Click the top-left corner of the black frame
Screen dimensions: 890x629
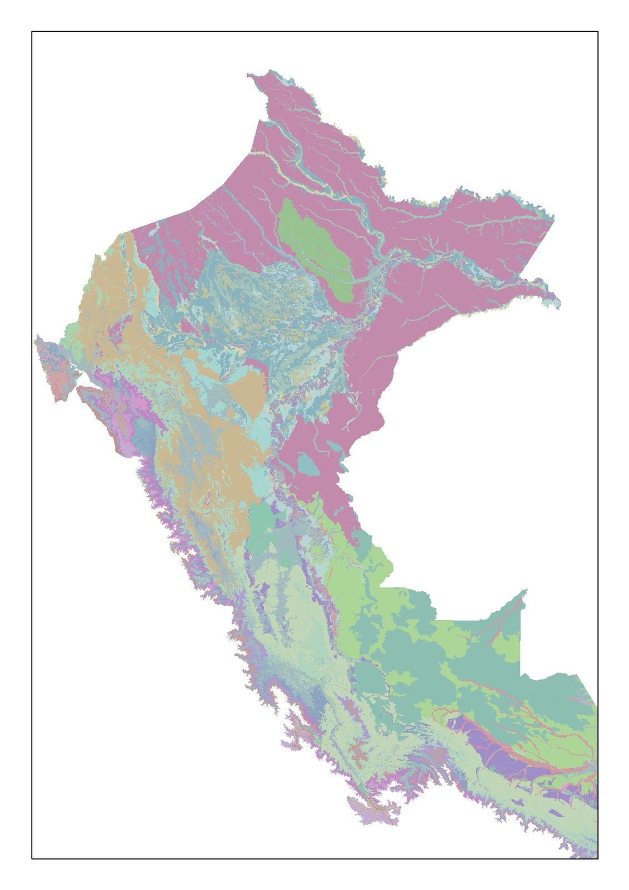coord(32,32)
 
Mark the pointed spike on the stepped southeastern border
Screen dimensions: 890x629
coord(525,591)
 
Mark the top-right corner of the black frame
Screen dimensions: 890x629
coord(598,32)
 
